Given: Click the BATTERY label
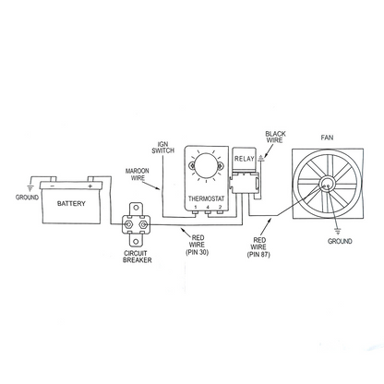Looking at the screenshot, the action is (71, 203).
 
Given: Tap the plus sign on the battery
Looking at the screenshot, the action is (90, 186).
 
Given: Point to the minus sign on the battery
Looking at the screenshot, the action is (53, 186).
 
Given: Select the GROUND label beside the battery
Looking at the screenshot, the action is (27, 198).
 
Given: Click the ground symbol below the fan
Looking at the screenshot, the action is (338, 231).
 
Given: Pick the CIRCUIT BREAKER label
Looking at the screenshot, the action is (138, 257).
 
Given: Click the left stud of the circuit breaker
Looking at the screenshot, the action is (127, 224).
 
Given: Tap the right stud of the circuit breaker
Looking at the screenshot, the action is (142, 224).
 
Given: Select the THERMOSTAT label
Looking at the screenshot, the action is (207, 198).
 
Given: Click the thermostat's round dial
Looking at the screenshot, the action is (206, 165).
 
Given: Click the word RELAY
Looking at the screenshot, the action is (245, 159).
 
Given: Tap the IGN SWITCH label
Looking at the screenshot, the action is (162, 148).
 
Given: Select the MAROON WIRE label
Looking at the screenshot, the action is (138, 174).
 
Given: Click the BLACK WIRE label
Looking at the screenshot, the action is (275, 137).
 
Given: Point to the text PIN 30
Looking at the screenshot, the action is (198, 252).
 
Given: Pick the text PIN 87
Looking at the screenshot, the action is (258, 255).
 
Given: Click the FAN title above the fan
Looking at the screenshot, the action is (327, 138).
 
